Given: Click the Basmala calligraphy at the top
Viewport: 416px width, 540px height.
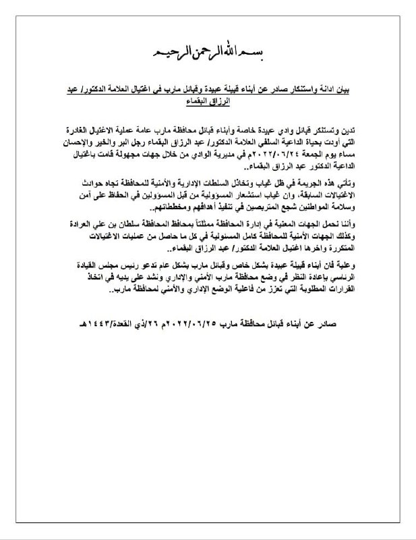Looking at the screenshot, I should pyautogui.click(x=208, y=52).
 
